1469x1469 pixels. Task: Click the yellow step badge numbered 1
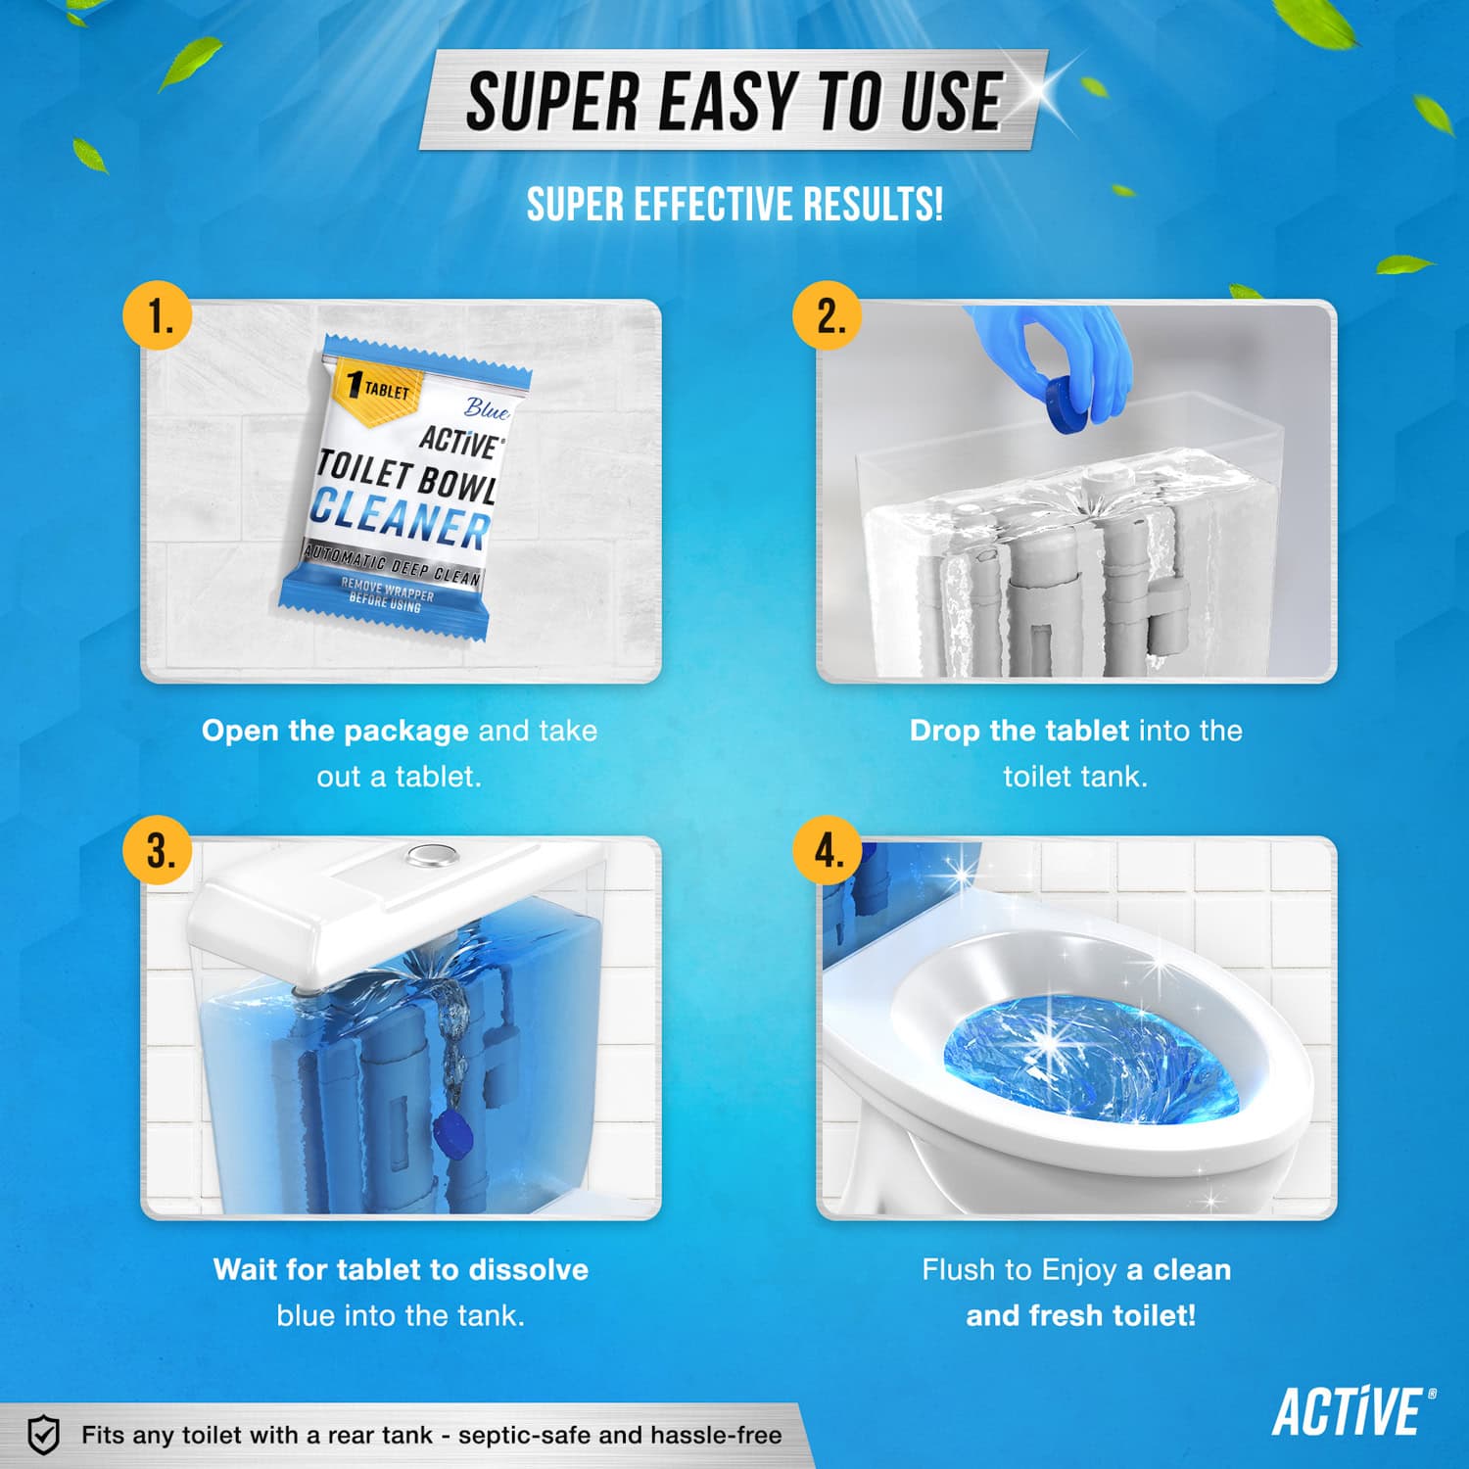[157, 316]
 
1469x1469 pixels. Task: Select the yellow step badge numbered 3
[158, 850]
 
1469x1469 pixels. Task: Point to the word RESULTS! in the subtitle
[873, 206]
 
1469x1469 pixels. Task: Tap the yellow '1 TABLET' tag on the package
[378, 389]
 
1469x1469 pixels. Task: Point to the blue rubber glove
[1077, 353]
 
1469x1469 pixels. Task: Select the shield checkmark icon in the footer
[43, 1435]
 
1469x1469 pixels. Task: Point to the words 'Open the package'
[335, 731]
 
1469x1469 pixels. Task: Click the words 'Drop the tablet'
[1019, 731]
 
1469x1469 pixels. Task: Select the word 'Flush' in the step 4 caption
[958, 1270]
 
